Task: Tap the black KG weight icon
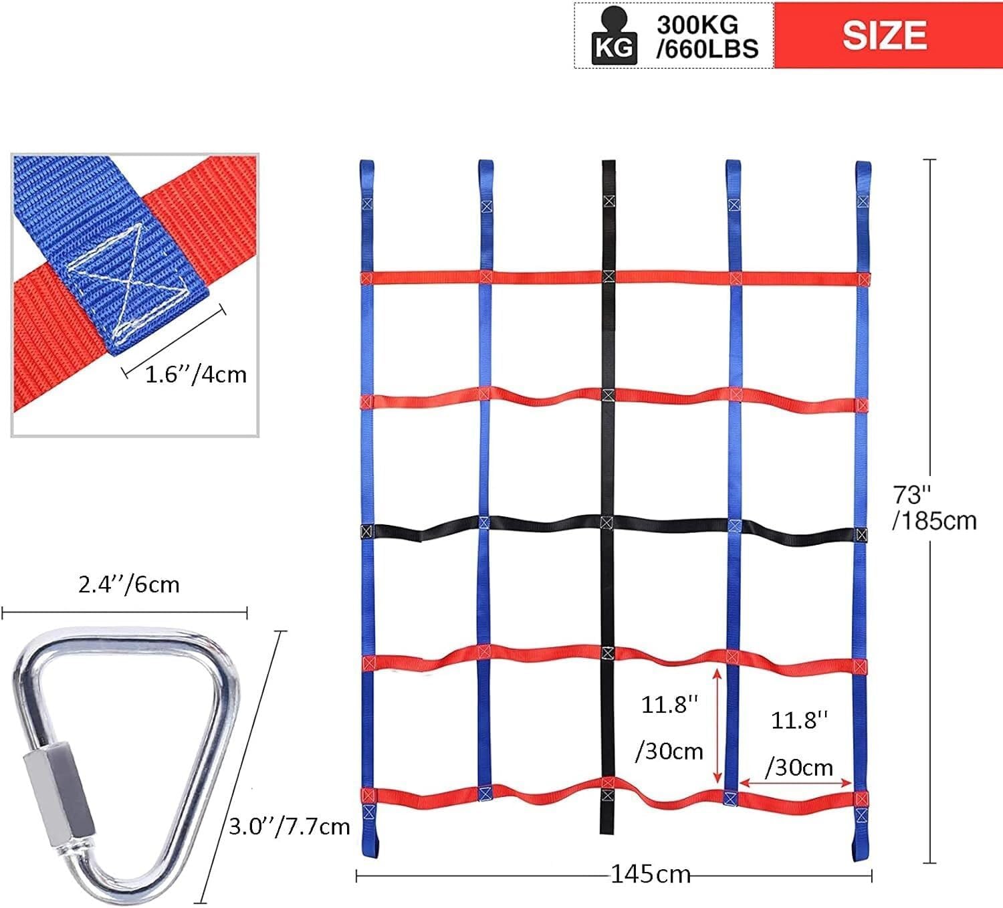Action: pos(614,37)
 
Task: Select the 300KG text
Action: pos(697,25)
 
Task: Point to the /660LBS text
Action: pos(707,49)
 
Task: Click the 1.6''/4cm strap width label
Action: pos(195,374)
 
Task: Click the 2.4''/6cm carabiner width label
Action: pos(128,584)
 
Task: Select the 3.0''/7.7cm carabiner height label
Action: pos(290,826)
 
